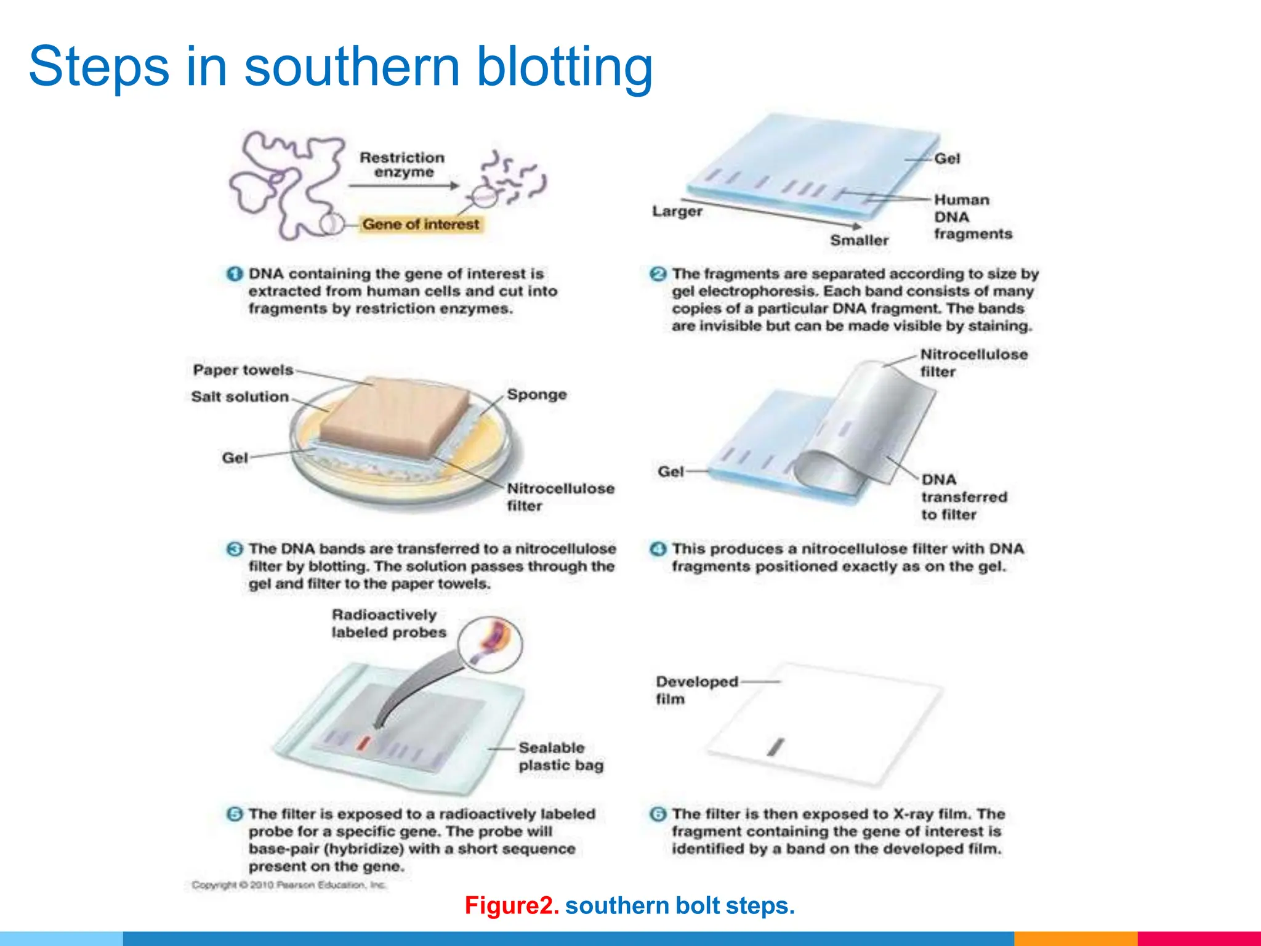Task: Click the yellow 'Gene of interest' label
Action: [421, 224]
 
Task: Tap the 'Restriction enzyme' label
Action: [402, 165]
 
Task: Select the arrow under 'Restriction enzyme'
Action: [404, 185]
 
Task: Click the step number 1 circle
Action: [235, 274]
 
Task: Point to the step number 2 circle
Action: [658, 274]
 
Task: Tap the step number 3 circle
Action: [235, 549]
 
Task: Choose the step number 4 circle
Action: [658, 549]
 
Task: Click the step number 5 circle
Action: [235, 814]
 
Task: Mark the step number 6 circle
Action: [658, 814]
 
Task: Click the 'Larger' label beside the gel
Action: [677, 211]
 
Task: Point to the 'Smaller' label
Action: [859, 240]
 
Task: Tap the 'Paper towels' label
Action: [243, 370]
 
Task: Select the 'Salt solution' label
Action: [240, 397]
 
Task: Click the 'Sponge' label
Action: [537, 395]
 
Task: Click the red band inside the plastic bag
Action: [364, 743]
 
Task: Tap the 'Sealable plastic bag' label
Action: [560, 756]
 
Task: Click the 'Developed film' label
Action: [696, 690]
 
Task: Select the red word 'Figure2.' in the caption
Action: [512, 905]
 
